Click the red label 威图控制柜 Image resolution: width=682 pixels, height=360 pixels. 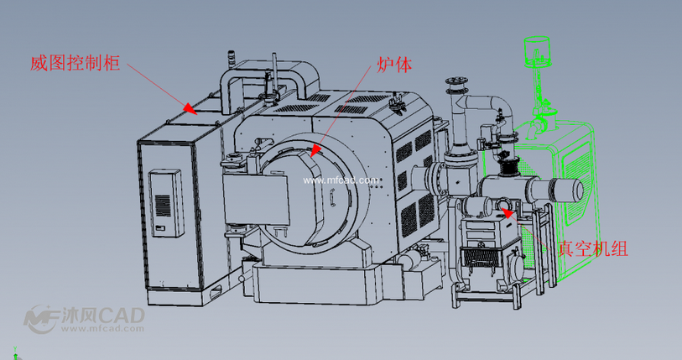coord(75,63)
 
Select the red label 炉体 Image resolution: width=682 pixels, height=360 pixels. coord(394,65)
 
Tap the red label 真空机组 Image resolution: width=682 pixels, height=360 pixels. coord(593,248)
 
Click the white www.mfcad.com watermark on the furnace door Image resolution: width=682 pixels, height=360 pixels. coord(341,180)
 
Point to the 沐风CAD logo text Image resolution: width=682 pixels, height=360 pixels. coord(102,316)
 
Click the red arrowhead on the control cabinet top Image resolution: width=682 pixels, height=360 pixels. coord(190,108)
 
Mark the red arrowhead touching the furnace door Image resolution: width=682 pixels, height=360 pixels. coord(315,150)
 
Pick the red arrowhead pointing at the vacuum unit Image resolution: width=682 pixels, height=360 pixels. coord(508,212)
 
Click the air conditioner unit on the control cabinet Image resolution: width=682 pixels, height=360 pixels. coord(166,203)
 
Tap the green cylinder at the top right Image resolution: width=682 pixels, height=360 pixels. coord(537,51)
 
